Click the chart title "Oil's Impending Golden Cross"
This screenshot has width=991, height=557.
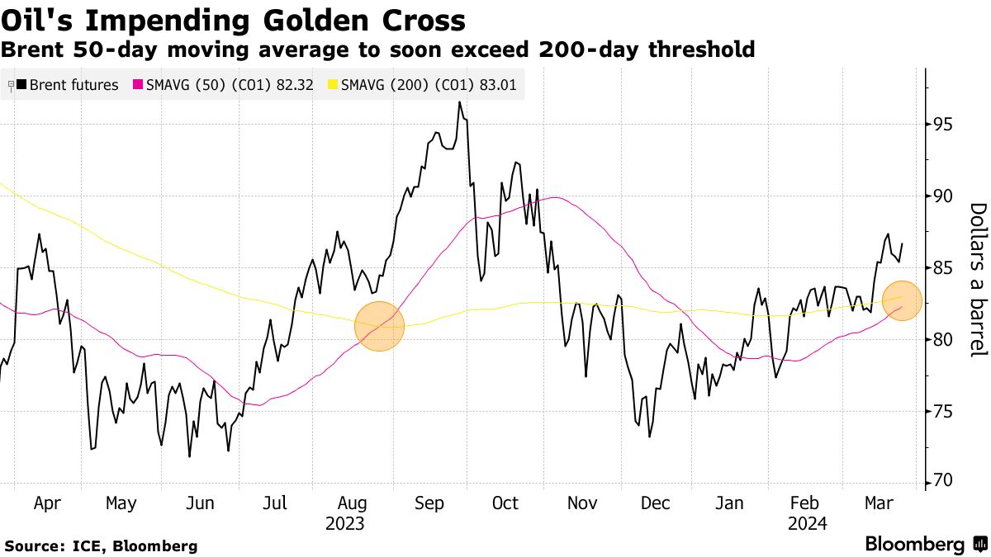[x=234, y=19]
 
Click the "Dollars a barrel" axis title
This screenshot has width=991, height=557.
[x=978, y=280]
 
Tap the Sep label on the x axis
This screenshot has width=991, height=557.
[x=430, y=503]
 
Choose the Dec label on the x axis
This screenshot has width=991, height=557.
[x=655, y=503]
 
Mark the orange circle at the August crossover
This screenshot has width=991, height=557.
[x=379, y=326]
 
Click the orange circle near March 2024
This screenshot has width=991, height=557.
[x=902, y=300]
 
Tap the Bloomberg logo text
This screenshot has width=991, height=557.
[x=914, y=545]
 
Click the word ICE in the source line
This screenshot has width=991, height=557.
[x=87, y=545]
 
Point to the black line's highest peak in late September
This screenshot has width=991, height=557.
[x=458, y=102]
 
